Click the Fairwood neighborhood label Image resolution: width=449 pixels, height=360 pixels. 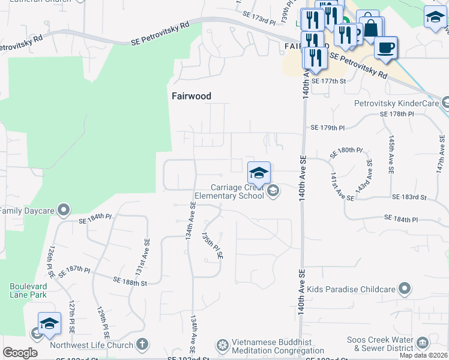pos(191,96)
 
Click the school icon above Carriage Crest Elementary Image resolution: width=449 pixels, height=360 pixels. pos(259,173)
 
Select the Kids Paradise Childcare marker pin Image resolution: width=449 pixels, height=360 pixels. pos(405,289)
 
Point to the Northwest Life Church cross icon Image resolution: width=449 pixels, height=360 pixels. pos(142,344)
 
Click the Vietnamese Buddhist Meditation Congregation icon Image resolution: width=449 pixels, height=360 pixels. pos(222,346)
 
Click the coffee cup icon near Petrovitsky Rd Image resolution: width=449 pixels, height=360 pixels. pos(385,47)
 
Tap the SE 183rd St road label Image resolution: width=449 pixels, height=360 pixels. pos(409,197)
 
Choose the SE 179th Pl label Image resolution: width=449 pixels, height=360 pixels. pos(328,128)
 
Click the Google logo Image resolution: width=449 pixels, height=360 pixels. pos(20,353)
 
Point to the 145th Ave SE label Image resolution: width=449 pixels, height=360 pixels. pos(391,154)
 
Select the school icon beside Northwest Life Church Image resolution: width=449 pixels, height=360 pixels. pos(49,324)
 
